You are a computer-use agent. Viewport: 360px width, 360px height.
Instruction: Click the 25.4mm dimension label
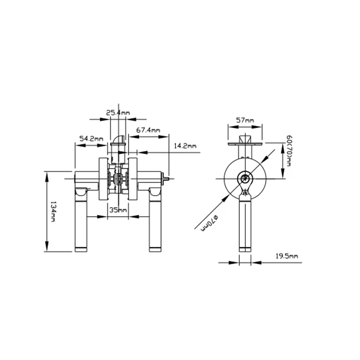pyautogui.click(x=118, y=113)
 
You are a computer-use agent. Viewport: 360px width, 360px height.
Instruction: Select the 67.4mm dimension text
pyautogui.click(x=148, y=130)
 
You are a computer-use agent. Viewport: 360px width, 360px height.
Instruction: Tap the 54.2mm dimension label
pyautogui.click(x=91, y=139)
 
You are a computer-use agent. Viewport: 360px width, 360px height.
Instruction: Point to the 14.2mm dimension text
pyautogui.click(x=185, y=146)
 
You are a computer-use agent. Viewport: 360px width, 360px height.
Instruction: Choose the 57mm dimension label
pyautogui.click(x=245, y=120)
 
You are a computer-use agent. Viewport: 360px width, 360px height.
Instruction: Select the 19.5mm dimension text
pyautogui.click(x=287, y=256)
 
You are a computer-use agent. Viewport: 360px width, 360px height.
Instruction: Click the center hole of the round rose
pyautogui.click(x=245, y=177)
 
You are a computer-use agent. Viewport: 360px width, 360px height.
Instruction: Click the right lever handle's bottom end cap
pyautogui.click(x=155, y=249)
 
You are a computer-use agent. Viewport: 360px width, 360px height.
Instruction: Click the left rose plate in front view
pyautogui.click(x=103, y=179)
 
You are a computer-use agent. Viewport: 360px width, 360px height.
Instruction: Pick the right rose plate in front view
pyautogui.click(x=132, y=179)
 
